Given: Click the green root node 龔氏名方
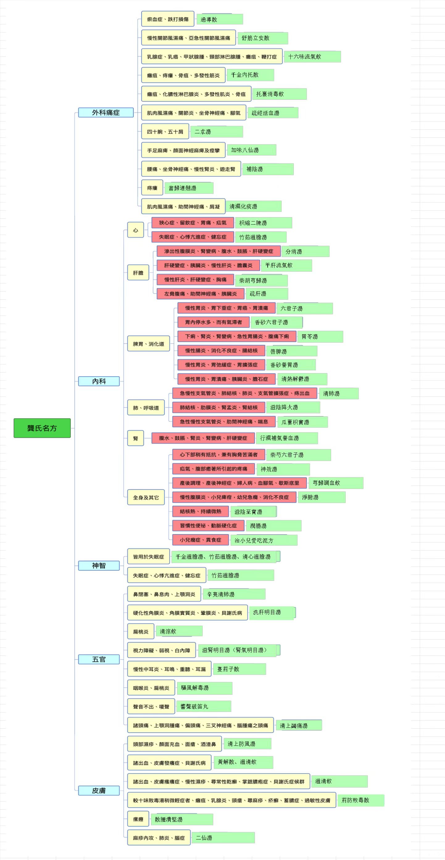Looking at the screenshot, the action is (42, 428).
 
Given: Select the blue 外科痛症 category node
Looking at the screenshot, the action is (106, 112).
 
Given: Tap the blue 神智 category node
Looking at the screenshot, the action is (99, 566).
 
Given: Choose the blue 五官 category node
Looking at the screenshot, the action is (99, 659).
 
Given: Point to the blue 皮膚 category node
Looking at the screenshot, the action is (99, 790).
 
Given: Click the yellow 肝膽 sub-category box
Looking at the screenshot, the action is (138, 273).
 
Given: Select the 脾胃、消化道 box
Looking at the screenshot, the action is (148, 344).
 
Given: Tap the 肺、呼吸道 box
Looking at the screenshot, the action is (146, 408).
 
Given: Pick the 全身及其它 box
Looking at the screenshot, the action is (146, 497).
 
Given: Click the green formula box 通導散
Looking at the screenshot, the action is (220, 19).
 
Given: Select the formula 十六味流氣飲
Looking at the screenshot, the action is (313, 57).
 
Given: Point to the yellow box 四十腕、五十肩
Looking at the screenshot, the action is (165, 132).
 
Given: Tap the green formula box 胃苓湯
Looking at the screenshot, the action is (320, 336).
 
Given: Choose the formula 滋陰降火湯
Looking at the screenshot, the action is (293, 407).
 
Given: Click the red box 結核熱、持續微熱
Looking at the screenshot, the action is (201, 512).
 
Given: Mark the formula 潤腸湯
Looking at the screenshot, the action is (274, 526).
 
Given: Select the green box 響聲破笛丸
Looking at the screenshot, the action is (204, 707).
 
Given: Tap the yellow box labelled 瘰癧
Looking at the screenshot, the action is (138, 819).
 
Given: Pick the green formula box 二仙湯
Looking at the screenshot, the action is (223, 838).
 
